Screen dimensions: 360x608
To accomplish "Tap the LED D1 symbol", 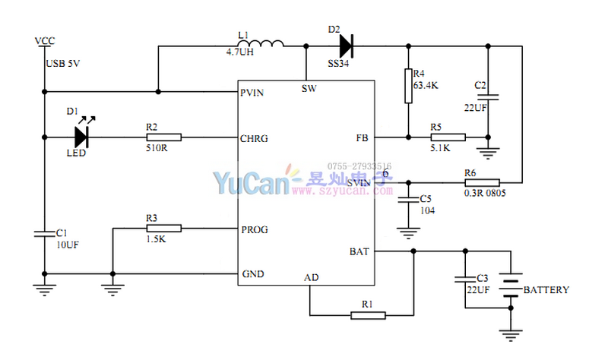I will click(x=81, y=137).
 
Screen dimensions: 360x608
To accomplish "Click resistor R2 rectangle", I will click(x=163, y=137).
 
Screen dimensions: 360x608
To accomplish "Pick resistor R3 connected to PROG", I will click(x=163, y=228).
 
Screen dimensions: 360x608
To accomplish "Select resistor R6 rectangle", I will click(x=482, y=183).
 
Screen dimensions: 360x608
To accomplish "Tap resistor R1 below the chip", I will click(x=368, y=314).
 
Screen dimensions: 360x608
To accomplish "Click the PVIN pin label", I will click(x=253, y=93).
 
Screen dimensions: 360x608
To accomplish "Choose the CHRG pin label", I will click(x=254, y=138).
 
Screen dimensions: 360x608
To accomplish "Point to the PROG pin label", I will click(x=254, y=229).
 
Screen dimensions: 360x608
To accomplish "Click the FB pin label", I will click(x=362, y=138).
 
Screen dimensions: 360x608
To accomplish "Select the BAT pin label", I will click(x=359, y=251).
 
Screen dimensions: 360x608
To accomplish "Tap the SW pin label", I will click(x=309, y=90).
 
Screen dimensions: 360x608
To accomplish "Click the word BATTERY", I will click(x=546, y=290).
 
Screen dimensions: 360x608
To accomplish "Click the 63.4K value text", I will click(x=427, y=85).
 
